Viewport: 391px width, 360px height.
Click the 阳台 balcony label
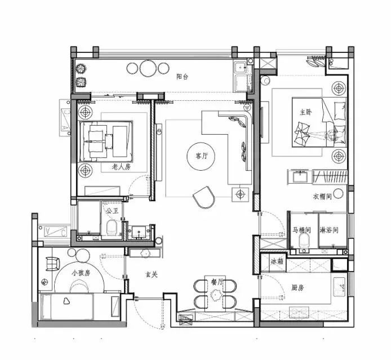pyautogui.click(x=182, y=77)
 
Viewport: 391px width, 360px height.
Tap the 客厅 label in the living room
pyautogui.click(x=201, y=156)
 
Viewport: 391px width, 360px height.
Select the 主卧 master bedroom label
pyautogui.click(x=306, y=113)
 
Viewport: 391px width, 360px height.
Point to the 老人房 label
pyautogui.click(x=122, y=167)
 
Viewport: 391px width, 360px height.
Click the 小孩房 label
pyautogui.click(x=81, y=273)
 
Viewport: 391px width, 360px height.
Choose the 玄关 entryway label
pyautogui.click(x=152, y=275)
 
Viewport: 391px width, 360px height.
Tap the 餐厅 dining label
pyautogui.click(x=217, y=282)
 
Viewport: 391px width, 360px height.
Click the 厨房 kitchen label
pyautogui.click(x=297, y=288)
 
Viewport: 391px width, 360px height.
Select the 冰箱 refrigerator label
pyautogui.click(x=277, y=261)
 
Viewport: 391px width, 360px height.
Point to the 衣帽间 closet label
pyautogui.click(x=322, y=197)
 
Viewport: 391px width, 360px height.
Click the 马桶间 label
pyautogui.click(x=302, y=230)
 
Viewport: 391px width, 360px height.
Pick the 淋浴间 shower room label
pyautogui.click(x=329, y=230)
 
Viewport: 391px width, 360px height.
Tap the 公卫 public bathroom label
pyautogui.click(x=112, y=211)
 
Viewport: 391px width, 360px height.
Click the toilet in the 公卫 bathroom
pyautogui.click(x=112, y=228)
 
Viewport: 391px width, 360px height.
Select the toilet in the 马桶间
pyautogui.click(x=304, y=241)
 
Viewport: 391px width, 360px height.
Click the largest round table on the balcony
pyautogui.click(x=148, y=68)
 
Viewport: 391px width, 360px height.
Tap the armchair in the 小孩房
pyautogui.click(x=52, y=264)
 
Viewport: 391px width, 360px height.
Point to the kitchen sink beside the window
pyautogui.click(x=339, y=287)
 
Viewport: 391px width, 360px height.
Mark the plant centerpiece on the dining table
pyautogui.click(x=216, y=295)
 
